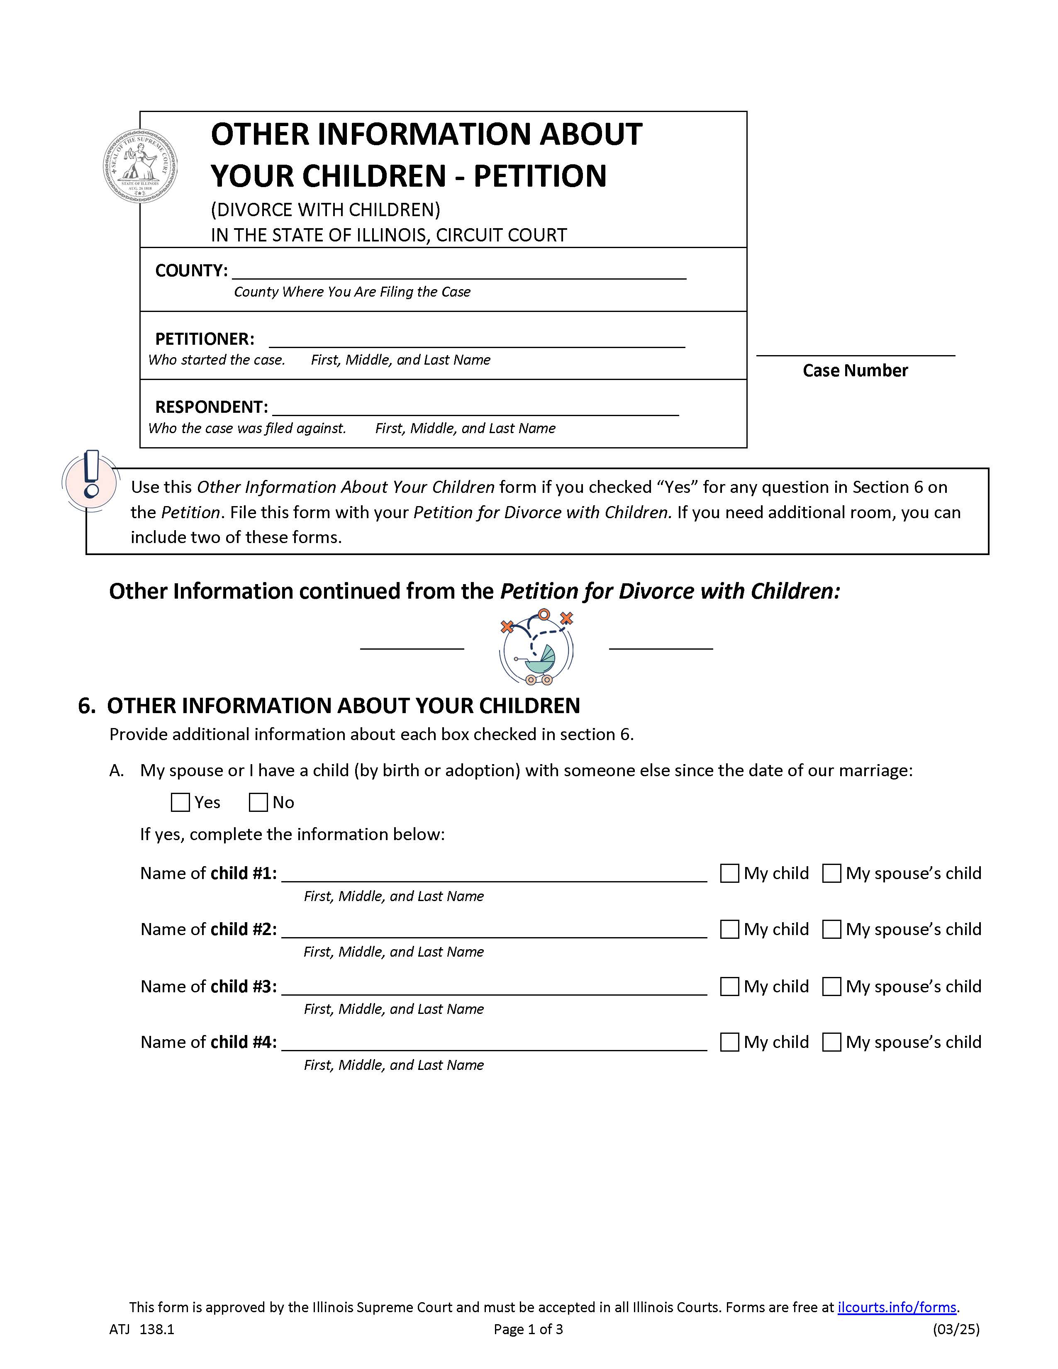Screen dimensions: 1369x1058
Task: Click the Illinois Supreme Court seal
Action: [140, 166]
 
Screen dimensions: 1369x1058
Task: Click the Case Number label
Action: [855, 370]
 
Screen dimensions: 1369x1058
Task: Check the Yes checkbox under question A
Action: [180, 802]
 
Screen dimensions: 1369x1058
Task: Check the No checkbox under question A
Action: [258, 802]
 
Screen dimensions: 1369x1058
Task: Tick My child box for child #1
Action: [729, 873]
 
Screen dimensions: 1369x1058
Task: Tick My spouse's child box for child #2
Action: [831, 929]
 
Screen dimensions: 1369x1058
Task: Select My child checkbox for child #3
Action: [729, 986]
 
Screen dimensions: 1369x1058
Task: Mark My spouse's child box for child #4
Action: [831, 1042]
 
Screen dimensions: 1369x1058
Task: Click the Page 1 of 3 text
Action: [528, 1329]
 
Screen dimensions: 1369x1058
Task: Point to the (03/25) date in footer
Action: [956, 1329]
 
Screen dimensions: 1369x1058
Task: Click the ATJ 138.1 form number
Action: [141, 1329]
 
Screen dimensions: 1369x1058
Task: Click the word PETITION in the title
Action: [540, 175]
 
